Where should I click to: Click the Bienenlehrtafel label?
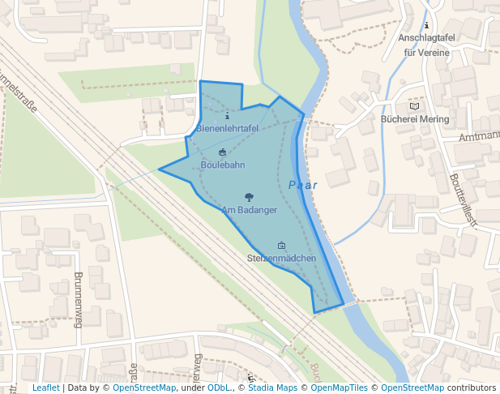[x=228, y=128]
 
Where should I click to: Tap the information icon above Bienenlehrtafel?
[x=227, y=115]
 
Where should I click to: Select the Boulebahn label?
[x=223, y=165]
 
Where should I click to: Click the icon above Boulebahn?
[x=223, y=152]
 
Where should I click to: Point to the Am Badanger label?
[x=250, y=210]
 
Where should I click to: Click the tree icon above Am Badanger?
[x=249, y=197]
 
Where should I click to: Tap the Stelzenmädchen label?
[x=281, y=258]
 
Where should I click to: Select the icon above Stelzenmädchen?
[x=281, y=245]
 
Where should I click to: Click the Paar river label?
[x=302, y=185]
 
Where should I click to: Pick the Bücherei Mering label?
[x=414, y=118]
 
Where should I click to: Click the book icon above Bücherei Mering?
[x=415, y=105]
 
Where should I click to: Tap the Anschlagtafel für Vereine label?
[x=426, y=45]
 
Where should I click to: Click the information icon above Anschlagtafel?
[x=426, y=25]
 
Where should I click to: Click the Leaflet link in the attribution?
[x=45, y=388]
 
